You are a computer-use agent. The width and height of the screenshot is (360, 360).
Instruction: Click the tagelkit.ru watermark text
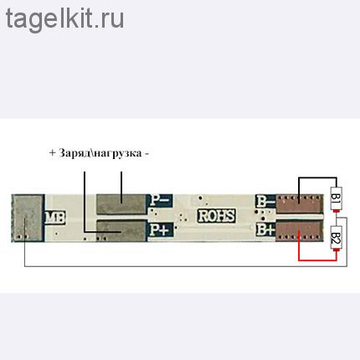pos(64,19)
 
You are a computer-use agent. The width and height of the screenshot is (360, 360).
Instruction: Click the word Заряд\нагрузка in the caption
pos(100,153)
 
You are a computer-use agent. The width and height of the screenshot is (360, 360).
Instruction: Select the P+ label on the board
pos(159,229)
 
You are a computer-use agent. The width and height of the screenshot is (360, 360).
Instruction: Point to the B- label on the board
pos(265,200)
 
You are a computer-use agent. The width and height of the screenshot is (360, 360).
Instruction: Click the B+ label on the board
pos(265,229)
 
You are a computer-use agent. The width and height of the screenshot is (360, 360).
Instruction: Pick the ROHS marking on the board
pos(216,216)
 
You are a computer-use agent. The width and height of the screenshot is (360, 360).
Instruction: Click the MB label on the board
pos(55,218)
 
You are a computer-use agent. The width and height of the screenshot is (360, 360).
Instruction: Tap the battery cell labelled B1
pos(336,199)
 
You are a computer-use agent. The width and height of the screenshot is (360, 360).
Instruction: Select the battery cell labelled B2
pos(337,238)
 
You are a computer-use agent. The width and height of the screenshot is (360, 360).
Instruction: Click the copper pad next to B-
pos(299,203)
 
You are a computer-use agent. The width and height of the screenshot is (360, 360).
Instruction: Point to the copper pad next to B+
pos(299,230)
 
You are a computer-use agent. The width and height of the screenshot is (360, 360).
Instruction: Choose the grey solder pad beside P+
pos(121,231)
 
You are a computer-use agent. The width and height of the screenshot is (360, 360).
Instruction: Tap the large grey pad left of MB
pos(28,218)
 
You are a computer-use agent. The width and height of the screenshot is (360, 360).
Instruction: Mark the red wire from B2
pos(317,260)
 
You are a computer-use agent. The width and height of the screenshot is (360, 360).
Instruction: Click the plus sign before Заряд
pos(52,153)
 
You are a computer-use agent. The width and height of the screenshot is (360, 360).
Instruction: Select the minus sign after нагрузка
pos(147,154)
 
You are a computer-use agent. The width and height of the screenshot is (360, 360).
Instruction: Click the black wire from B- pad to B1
pos(317,177)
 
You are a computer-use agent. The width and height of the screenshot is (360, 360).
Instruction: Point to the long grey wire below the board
pos(186,266)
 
